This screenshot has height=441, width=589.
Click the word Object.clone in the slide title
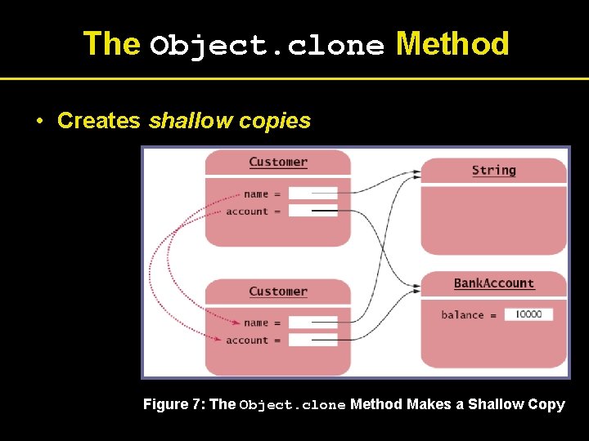point(267,46)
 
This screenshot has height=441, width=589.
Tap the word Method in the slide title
point(452,44)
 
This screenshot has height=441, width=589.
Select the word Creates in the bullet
point(99,121)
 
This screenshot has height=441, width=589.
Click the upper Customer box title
point(278,162)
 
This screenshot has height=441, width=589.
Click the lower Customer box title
point(278,291)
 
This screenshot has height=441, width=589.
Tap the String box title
point(494,170)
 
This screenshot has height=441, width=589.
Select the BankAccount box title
point(494,283)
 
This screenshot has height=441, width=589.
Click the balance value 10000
point(528,314)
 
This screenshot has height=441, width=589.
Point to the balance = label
point(469,315)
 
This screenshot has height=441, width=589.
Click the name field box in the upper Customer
point(312,194)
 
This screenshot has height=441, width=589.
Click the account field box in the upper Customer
point(312,211)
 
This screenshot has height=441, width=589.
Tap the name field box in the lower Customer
point(312,323)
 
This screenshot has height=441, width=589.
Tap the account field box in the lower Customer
point(312,340)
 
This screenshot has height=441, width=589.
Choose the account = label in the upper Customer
point(253,212)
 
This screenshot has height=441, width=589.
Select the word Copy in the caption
point(546,404)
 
